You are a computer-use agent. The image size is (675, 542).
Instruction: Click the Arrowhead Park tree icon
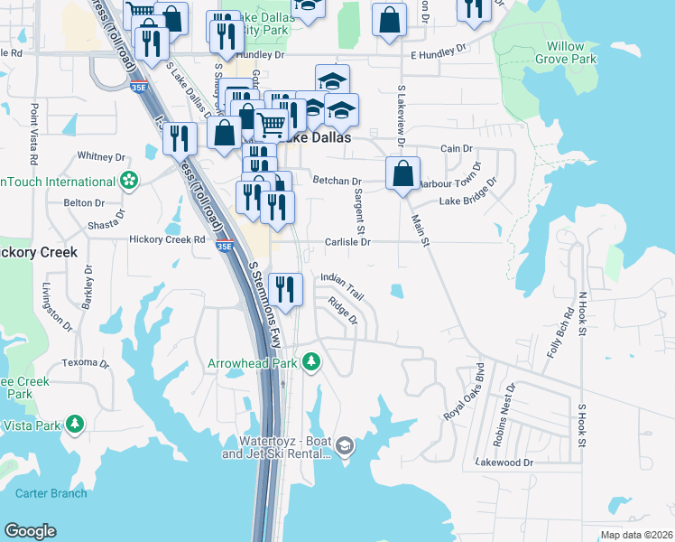tap(311, 361)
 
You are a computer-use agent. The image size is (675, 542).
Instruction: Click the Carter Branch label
tap(51, 493)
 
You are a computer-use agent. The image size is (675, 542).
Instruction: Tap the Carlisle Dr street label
tap(347, 242)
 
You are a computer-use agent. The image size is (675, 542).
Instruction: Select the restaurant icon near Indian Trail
tap(285, 289)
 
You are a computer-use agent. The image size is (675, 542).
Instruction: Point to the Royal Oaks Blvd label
tap(464, 392)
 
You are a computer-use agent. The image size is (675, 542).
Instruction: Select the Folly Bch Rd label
tap(558, 333)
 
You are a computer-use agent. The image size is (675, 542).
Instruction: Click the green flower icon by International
tap(130, 181)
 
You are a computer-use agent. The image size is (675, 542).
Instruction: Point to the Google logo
tap(30, 531)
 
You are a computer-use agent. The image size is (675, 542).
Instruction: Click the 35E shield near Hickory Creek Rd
tap(225, 246)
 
